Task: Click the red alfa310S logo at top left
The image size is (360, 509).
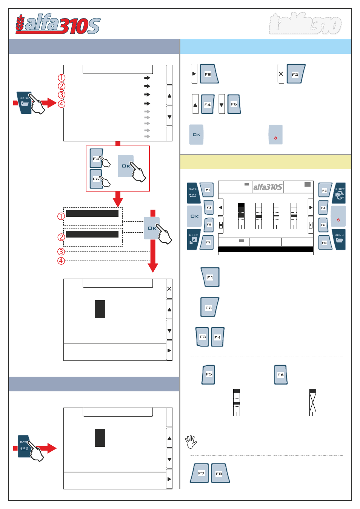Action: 58,25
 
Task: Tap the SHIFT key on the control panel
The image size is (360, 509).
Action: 339,193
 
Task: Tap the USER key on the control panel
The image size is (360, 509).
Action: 194,239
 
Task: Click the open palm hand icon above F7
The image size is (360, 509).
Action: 191,442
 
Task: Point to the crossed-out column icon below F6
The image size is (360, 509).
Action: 312,402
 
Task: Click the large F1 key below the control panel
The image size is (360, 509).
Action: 210,277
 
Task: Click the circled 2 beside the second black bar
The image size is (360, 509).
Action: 61,237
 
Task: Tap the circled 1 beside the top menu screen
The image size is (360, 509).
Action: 62,78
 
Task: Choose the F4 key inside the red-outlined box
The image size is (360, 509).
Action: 96,158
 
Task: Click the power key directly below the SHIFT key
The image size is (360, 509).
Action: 338,216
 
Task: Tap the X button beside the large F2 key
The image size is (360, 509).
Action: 281,74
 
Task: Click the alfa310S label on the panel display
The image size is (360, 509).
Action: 268,187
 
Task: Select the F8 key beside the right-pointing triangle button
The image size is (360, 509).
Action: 208,74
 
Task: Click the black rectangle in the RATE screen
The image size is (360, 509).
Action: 100,438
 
